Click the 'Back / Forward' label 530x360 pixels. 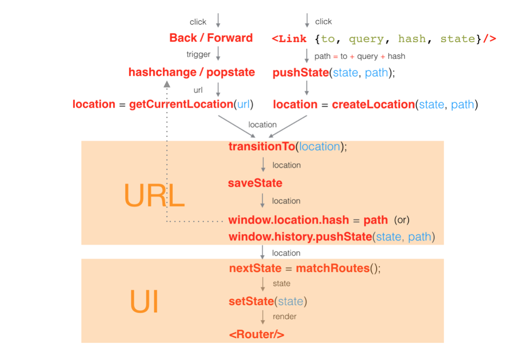pos(211,38)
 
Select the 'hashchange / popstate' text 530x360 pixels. pos(192,72)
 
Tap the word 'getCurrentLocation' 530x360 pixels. pos(181,104)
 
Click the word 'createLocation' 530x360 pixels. pos(373,104)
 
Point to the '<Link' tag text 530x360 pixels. pos(289,39)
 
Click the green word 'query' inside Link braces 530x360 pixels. pos(366,39)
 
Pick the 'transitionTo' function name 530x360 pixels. pos(261,146)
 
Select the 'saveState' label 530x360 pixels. pos(255,183)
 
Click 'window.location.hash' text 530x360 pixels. pos(289,220)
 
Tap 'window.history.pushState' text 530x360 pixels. pos(300,237)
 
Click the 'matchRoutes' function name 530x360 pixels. pos(332,268)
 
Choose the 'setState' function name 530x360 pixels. pos(251,302)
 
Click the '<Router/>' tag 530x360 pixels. pos(257,335)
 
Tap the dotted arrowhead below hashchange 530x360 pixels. pos(167,84)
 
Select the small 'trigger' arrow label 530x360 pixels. pos(198,54)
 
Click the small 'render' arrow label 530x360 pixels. pos(284,316)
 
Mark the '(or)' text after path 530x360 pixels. pos(401,220)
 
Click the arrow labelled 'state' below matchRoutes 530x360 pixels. pos(263,284)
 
